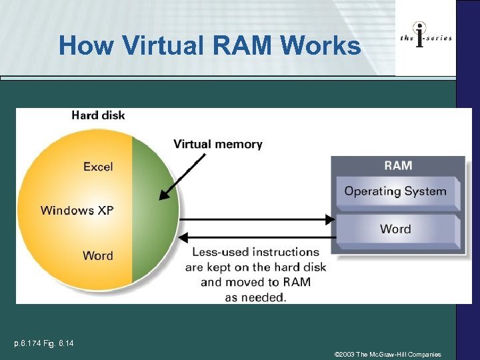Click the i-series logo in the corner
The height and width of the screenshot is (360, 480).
point(425,38)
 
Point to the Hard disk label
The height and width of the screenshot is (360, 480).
point(98,115)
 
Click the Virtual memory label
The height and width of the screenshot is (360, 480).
point(218,144)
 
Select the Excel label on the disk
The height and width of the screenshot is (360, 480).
point(98,167)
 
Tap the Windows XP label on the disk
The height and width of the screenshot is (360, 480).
point(77,211)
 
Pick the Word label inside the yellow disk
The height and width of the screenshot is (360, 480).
point(97,255)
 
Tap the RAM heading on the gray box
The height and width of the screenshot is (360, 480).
point(398,165)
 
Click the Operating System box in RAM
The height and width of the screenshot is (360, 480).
point(396,191)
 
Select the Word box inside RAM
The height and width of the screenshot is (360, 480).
point(395,229)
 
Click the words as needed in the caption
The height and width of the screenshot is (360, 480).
point(255,297)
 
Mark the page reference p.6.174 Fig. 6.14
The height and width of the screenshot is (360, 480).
point(44,343)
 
